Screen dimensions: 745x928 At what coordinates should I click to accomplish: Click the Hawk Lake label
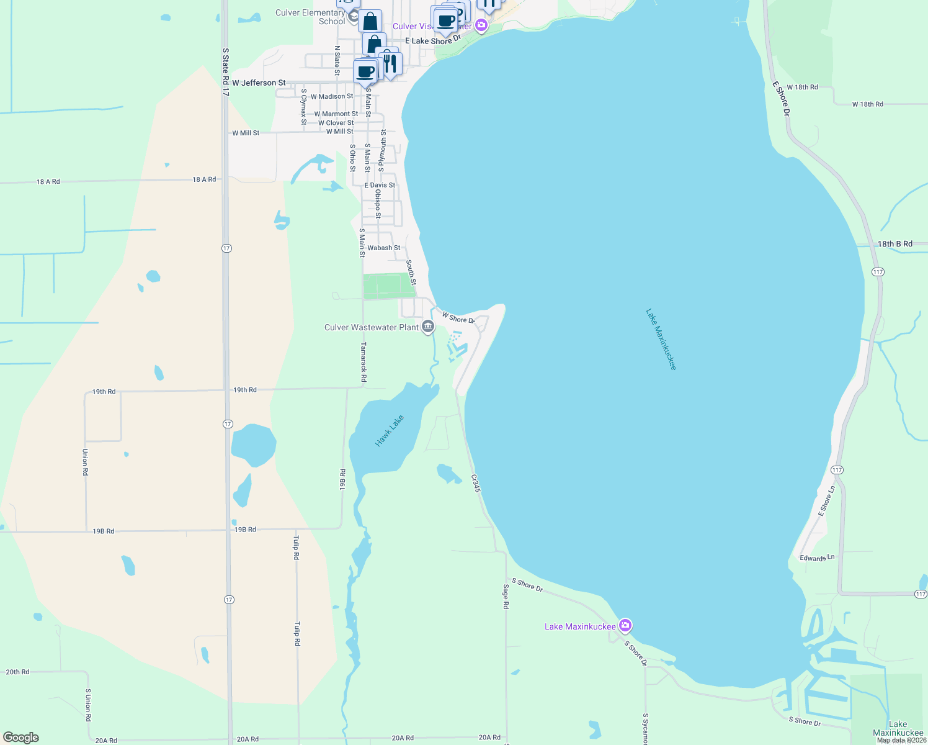pyautogui.click(x=390, y=430)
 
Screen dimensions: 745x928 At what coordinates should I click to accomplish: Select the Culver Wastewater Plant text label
pyautogui.click(x=372, y=327)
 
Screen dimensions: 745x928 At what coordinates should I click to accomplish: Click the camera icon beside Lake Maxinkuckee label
pyautogui.click(x=625, y=625)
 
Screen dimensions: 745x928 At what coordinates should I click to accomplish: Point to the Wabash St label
pyautogui.click(x=383, y=248)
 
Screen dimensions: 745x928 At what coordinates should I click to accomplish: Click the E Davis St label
pyautogui.click(x=379, y=185)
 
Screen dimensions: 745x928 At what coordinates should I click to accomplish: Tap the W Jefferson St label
pyautogui.click(x=259, y=83)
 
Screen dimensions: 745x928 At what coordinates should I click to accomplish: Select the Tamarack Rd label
pyautogui.click(x=364, y=362)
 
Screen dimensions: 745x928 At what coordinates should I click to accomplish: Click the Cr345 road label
pyautogui.click(x=476, y=484)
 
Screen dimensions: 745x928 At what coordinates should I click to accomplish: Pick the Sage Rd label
pyautogui.click(x=506, y=596)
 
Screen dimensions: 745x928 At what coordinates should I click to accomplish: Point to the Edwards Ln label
pyautogui.click(x=817, y=558)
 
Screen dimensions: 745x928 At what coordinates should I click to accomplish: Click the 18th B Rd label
pyautogui.click(x=895, y=244)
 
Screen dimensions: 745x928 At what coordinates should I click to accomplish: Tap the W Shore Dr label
pyautogui.click(x=458, y=318)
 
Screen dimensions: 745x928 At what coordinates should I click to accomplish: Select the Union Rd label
pyautogui.click(x=85, y=462)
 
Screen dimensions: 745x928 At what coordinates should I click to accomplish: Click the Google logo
pyautogui.click(x=21, y=738)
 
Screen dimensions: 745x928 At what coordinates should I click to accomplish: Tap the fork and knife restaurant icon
pyautogui.click(x=390, y=63)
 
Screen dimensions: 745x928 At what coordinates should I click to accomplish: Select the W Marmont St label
pyautogui.click(x=336, y=114)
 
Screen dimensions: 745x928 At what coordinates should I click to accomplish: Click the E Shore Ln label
pyautogui.click(x=826, y=500)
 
